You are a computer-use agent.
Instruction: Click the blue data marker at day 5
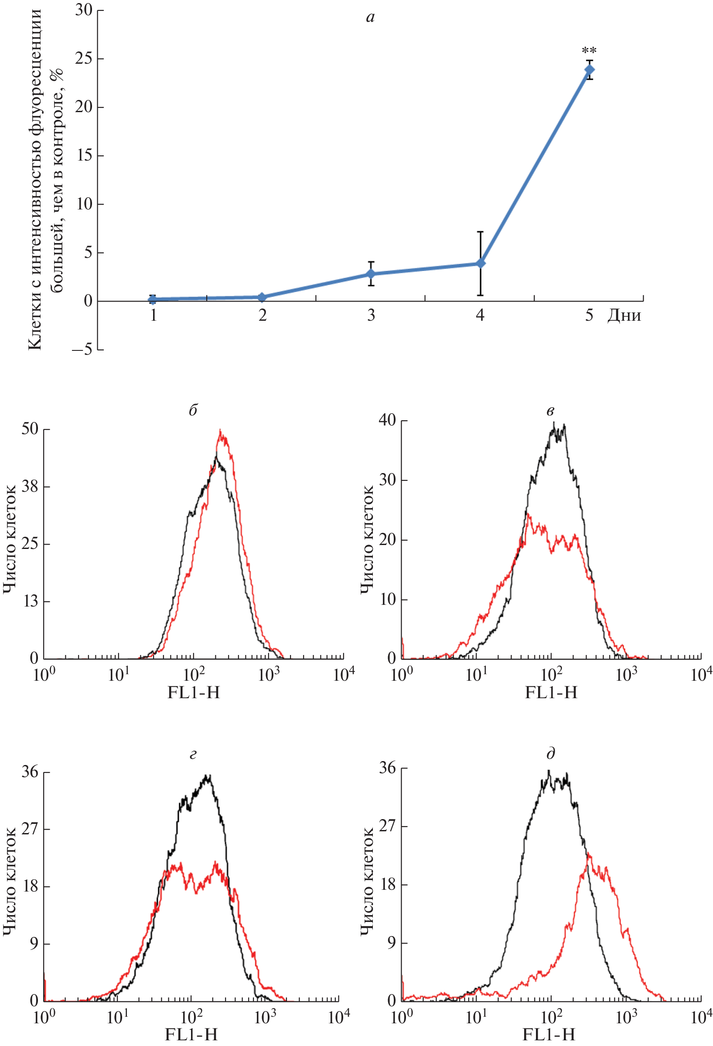coord(589,70)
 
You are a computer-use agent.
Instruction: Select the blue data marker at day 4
coord(481,263)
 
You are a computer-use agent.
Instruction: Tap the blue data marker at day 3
coord(371,274)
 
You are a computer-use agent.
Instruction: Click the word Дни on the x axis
coord(624,315)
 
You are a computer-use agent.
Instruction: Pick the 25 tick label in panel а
coord(84,58)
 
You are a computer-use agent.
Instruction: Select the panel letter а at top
coord(370,17)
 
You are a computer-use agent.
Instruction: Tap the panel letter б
coord(193,410)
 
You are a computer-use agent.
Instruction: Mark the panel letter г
coord(193,754)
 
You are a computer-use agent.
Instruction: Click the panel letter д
coord(551,753)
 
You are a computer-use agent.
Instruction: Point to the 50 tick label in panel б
coord(30,429)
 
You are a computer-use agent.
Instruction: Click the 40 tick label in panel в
coord(387,420)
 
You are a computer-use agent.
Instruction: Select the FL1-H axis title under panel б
coord(194,692)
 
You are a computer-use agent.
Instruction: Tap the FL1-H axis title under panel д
coord(549,1035)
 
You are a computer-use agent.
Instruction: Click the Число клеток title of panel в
coord(367,540)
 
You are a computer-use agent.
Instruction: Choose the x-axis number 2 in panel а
coord(262,315)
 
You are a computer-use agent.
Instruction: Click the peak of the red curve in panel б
coord(220,431)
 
